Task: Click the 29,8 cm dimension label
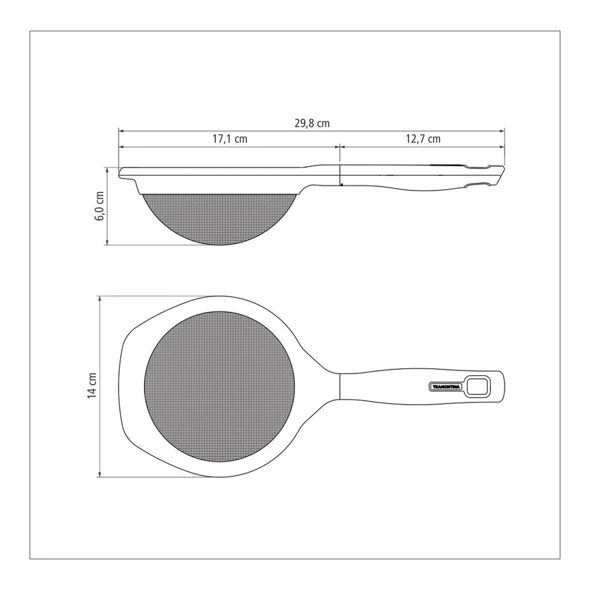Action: tap(312, 123)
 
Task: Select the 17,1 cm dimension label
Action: tap(230, 139)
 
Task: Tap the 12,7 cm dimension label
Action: tap(423, 139)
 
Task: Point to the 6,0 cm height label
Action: tap(100, 206)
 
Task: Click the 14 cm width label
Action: tap(92, 386)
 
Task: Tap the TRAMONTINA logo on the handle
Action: tap(446, 387)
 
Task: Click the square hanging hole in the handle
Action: tap(478, 386)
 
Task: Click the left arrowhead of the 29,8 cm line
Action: tap(121, 131)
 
